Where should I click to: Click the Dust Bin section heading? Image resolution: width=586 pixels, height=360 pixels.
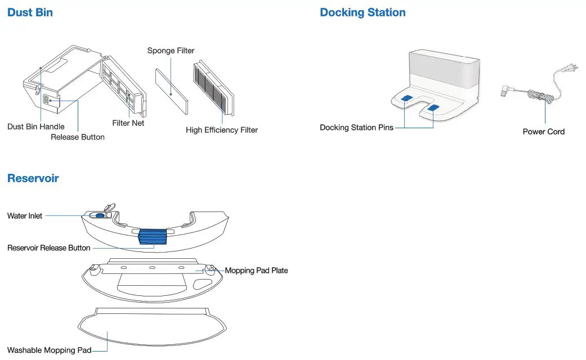(30, 12)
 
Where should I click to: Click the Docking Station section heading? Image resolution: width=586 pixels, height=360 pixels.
(363, 12)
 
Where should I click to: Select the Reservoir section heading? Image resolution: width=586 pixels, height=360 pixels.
(33, 178)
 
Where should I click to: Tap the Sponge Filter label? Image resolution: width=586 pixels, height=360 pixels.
(171, 51)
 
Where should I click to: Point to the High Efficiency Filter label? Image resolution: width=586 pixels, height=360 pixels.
(222, 130)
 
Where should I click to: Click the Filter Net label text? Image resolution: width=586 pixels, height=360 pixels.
(128, 123)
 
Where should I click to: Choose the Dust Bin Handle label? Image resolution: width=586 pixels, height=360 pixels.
(36, 127)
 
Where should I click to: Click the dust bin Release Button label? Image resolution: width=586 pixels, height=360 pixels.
(78, 137)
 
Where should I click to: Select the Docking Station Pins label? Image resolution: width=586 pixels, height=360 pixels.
(356, 128)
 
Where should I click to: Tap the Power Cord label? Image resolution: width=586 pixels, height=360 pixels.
(543, 132)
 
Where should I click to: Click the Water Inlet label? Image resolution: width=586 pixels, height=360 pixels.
(25, 215)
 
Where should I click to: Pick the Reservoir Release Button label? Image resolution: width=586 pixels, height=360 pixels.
(49, 247)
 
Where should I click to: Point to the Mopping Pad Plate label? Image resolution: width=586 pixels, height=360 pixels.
(256, 271)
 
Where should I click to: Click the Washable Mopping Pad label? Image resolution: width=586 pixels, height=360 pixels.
(50, 350)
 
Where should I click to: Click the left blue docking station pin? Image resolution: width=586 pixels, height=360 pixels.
(407, 98)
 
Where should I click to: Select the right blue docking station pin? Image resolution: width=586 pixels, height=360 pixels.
(433, 107)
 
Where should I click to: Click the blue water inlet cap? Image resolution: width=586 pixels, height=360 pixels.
(100, 214)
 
